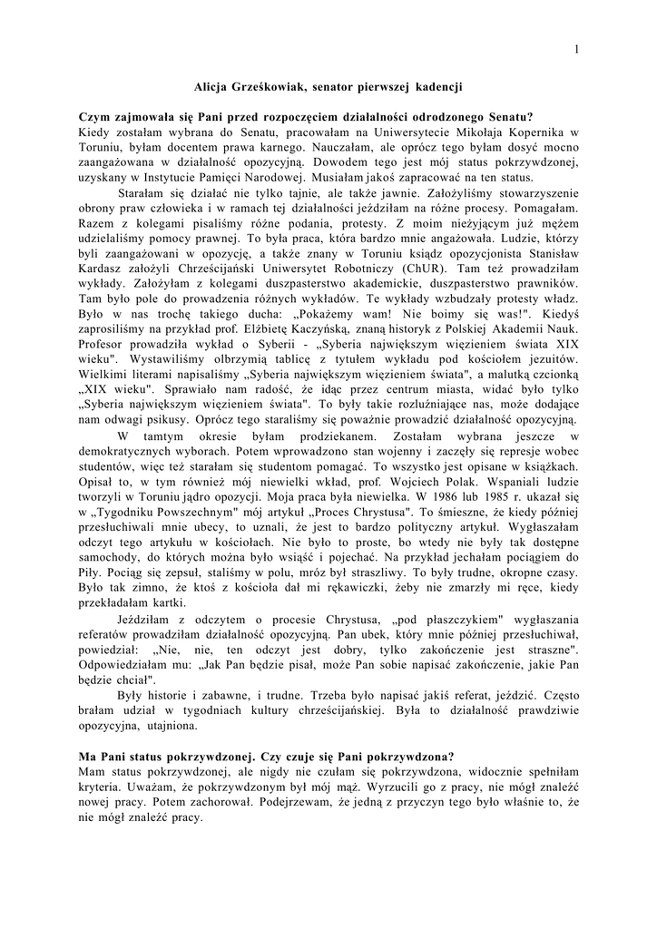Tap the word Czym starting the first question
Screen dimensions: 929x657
click(94, 117)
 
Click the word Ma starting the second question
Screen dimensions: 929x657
click(89, 756)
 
